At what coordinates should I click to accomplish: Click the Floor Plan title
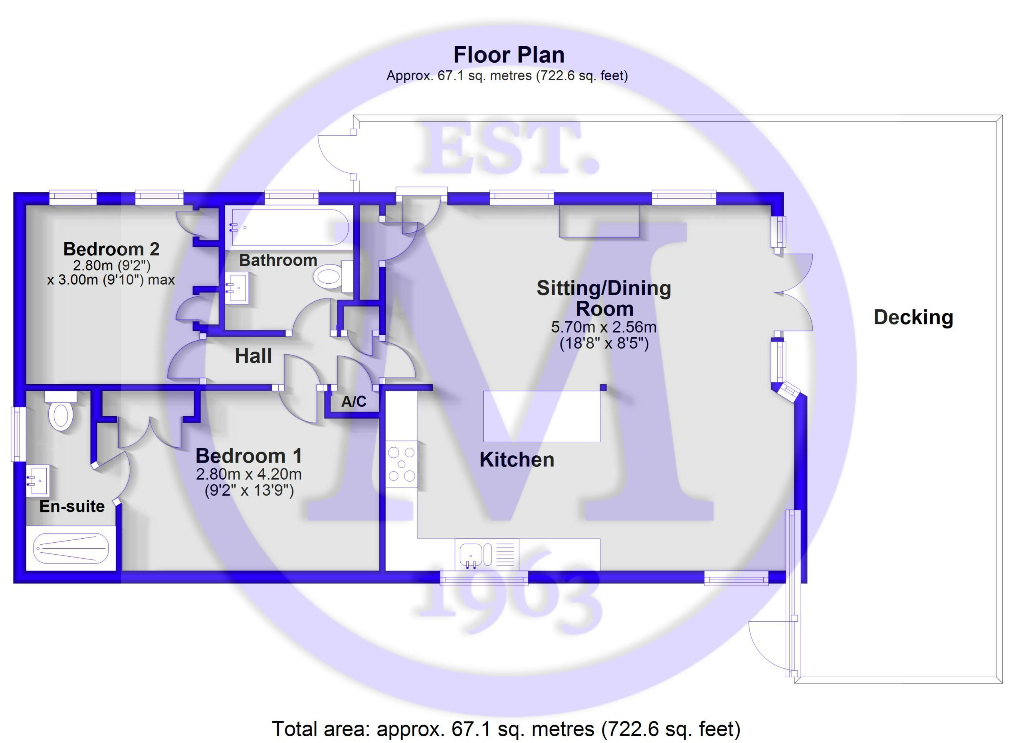click(x=509, y=55)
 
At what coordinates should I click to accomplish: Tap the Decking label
click(x=913, y=318)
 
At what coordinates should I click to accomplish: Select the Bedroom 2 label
click(x=111, y=249)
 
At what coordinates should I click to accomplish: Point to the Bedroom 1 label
click(x=249, y=456)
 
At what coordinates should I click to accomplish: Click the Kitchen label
click(x=517, y=459)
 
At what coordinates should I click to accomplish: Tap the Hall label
click(x=253, y=356)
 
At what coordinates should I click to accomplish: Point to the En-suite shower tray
click(x=71, y=548)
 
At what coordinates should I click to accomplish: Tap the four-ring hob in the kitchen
click(x=402, y=464)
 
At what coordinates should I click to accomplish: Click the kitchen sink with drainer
click(x=487, y=554)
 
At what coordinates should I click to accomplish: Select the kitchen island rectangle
click(x=542, y=416)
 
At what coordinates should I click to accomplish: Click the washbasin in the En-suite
click(x=38, y=481)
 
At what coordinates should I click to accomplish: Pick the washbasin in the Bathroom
click(x=237, y=288)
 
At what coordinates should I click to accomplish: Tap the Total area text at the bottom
click(x=507, y=728)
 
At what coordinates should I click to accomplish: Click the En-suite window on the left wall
click(x=18, y=434)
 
